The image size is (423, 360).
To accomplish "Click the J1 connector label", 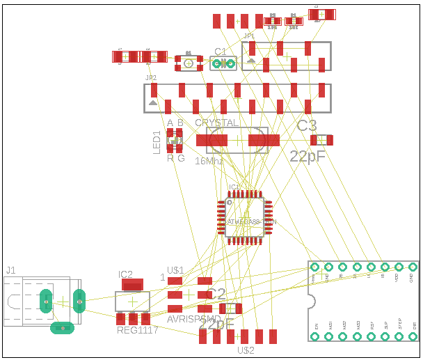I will point(10,269).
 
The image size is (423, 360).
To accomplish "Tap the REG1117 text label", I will point(138,330).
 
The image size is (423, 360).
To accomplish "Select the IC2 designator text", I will point(125,274).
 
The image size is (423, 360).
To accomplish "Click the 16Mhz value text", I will point(209,161).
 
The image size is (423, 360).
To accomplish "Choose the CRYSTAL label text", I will point(216,123).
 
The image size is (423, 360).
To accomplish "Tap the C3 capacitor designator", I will point(307,126).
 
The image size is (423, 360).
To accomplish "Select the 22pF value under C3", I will point(308,156).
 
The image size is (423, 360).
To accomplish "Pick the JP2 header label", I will point(151,78).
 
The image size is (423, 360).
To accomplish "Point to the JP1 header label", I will point(249,36).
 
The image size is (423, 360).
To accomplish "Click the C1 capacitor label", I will point(221,52).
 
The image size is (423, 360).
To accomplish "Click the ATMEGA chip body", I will point(245,217).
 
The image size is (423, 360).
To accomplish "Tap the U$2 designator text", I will point(246,350).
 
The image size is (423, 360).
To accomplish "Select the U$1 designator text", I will point(175,270).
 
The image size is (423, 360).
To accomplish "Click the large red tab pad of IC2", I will point(131,284).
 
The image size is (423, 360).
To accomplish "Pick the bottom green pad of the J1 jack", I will point(63,327).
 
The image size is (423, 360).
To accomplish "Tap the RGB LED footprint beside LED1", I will point(175,141).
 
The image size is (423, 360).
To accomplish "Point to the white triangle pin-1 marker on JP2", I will point(152,103).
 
